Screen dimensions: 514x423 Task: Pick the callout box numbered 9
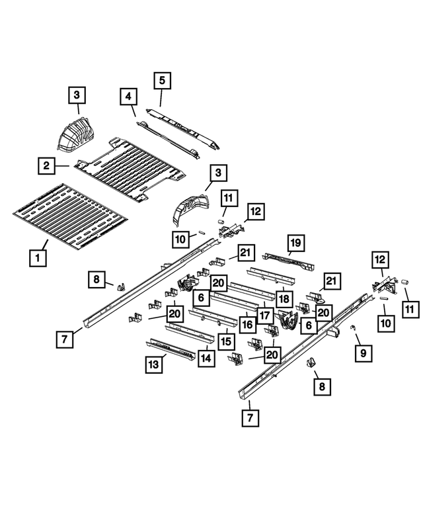pos(363,355)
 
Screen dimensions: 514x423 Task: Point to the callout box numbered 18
pos(284,298)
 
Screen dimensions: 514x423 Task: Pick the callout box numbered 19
pos(295,243)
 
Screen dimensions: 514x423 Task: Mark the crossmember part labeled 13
pos(171,348)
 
